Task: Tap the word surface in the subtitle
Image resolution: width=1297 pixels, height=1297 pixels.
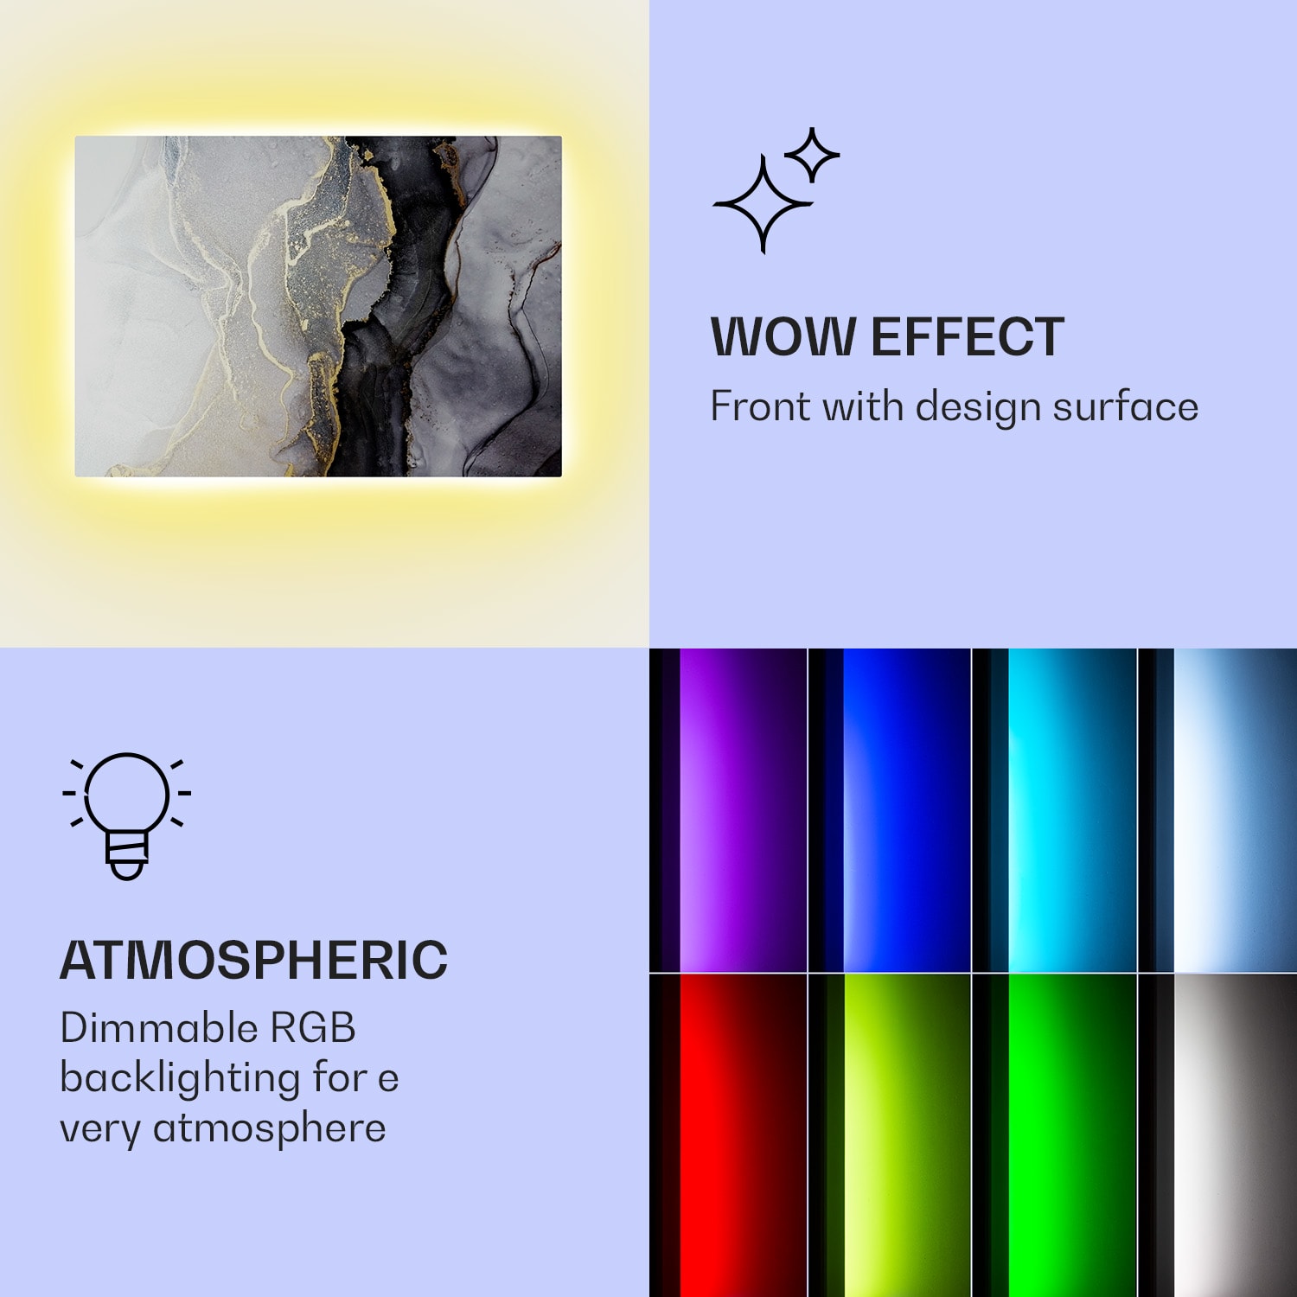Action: click(1125, 406)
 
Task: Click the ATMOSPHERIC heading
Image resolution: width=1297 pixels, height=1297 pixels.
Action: click(253, 960)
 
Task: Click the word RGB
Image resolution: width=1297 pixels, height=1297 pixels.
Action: click(313, 1028)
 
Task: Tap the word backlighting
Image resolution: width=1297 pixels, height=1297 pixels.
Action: click(180, 1078)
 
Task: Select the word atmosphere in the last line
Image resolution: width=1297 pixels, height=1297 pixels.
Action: click(269, 1128)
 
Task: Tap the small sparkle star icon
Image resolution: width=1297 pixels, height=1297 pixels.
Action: click(811, 155)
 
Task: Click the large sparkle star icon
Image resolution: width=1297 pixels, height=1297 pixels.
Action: click(762, 204)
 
